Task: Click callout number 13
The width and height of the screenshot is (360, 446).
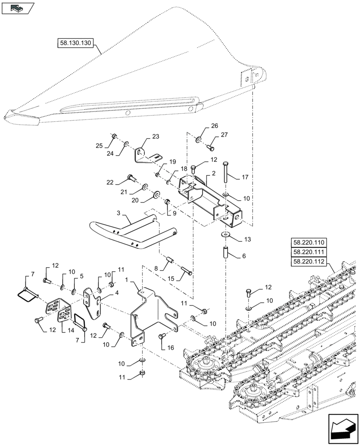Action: (247, 240)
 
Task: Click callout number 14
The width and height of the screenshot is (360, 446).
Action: (70, 331)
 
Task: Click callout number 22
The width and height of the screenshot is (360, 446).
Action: (110, 182)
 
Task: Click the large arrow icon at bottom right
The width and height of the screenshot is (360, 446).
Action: (344, 429)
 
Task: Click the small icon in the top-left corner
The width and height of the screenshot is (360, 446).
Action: (17, 7)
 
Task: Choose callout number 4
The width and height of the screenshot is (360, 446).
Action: (117, 293)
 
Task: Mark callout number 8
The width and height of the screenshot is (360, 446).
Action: (156, 268)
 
